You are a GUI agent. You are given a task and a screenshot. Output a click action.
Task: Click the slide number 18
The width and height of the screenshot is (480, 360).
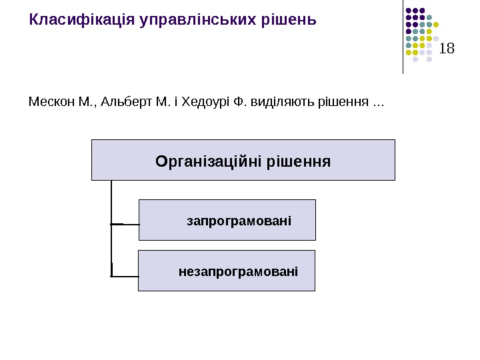(447, 48)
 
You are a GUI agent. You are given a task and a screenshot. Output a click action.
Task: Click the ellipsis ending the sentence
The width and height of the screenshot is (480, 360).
(378, 103)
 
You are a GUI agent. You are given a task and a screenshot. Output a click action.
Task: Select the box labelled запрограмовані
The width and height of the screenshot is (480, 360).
(227, 219)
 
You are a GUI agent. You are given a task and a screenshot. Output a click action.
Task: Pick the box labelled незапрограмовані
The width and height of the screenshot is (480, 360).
(227, 271)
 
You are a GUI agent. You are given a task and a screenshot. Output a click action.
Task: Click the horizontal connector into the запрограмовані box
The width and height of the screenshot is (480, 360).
(125, 224)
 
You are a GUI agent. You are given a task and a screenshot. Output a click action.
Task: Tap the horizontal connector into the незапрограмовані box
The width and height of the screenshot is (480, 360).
(125, 275)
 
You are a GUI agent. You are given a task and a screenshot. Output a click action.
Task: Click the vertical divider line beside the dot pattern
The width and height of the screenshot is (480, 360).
(403, 37)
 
